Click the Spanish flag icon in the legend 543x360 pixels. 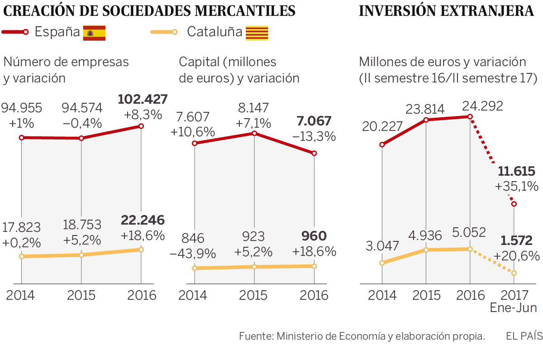click(x=94, y=33)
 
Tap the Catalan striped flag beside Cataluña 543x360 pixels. click(x=257, y=33)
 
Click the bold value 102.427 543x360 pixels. click(x=143, y=99)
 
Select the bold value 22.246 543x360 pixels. click(x=143, y=220)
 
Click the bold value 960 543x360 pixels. click(x=314, y=236)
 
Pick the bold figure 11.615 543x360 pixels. click(x=517, y=172)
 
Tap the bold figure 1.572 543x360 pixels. click(x=516, y=240)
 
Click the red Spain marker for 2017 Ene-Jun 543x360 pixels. click(x=514, y=204)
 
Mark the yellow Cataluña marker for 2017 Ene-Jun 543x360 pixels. click(x=514, y=273)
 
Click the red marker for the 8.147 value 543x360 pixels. click(x=254, y=133)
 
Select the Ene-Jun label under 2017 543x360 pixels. click(x=514, y=308)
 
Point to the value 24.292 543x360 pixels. click(x=482, y=106)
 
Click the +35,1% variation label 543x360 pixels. click(x=517, y=186)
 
